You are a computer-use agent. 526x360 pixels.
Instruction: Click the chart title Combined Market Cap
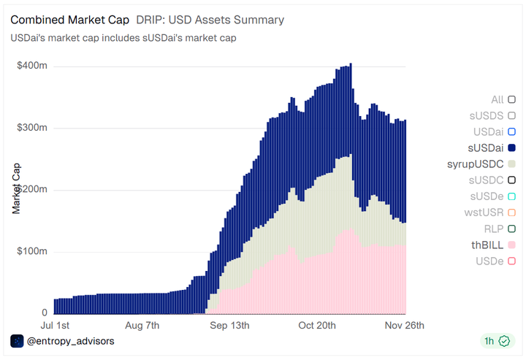tap(70, 20)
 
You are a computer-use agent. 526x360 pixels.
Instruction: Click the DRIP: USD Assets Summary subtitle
tap(210, 20)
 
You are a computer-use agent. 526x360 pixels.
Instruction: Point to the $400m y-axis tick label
tap(32, 66)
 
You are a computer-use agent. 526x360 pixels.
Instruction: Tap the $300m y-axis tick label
tap(32, 128)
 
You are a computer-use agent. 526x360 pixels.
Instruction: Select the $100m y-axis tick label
tap(32, 252)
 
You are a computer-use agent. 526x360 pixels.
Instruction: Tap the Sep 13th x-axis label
tap(229, 325)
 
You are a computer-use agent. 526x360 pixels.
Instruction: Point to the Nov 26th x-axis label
tap(404, 325)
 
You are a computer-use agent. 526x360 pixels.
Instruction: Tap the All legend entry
tap(503, 99)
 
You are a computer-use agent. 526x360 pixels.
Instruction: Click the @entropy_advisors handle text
tap(70, 341)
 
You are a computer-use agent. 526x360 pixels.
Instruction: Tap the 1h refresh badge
tap(496, 341)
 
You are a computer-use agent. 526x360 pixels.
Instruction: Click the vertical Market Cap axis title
tap(16, 188)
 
